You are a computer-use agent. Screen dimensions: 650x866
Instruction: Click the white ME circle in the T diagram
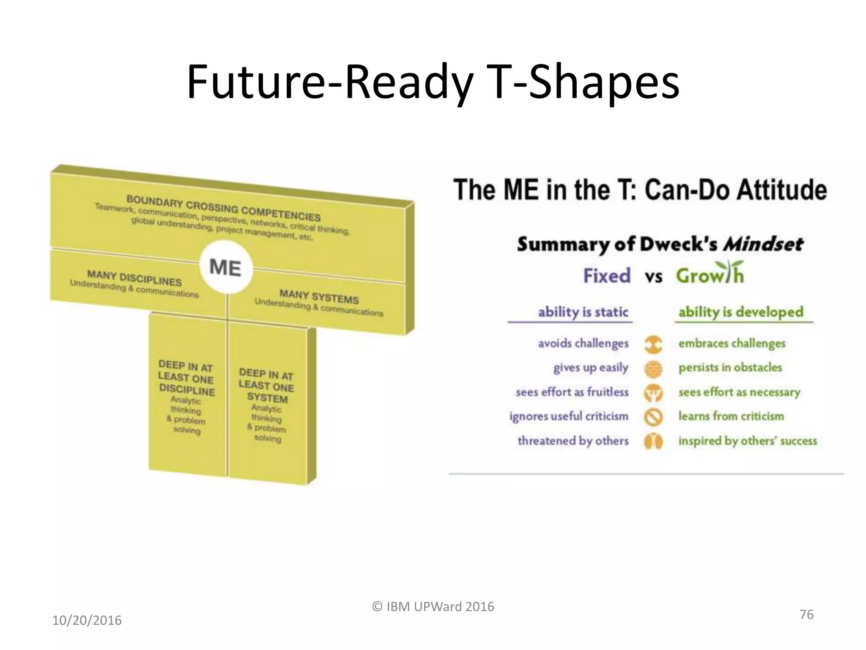click(226, 267)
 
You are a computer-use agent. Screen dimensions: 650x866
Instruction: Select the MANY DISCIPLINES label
click(134, 278)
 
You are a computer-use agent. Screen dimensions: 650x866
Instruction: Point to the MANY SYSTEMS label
click(319, 296)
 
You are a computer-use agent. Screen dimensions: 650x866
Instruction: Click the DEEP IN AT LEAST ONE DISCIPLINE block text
click(186, 377)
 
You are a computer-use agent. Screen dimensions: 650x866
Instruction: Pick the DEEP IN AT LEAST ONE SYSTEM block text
click(266, 386)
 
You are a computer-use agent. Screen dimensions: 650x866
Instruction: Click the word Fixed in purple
click(607, 276)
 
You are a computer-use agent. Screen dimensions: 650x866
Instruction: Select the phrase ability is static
click(583, 312)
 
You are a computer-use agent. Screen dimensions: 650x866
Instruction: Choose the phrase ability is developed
click(740, 312)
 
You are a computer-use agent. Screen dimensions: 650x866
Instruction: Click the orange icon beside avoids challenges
click(653, 344)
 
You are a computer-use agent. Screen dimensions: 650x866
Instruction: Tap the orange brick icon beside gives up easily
click(653, 369)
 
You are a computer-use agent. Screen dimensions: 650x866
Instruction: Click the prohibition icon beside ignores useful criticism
click(653, 417)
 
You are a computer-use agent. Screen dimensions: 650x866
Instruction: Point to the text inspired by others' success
click(747, 441)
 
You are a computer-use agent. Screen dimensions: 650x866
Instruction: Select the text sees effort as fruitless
click(572, 392)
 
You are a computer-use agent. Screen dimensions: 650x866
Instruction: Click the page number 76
click(806, 614)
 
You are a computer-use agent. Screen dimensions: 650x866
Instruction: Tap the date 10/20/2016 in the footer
click(87, 620)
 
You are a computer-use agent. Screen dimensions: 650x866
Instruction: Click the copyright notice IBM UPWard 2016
click(433, 607)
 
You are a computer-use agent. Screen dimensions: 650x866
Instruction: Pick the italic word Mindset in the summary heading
click(763, 244)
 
